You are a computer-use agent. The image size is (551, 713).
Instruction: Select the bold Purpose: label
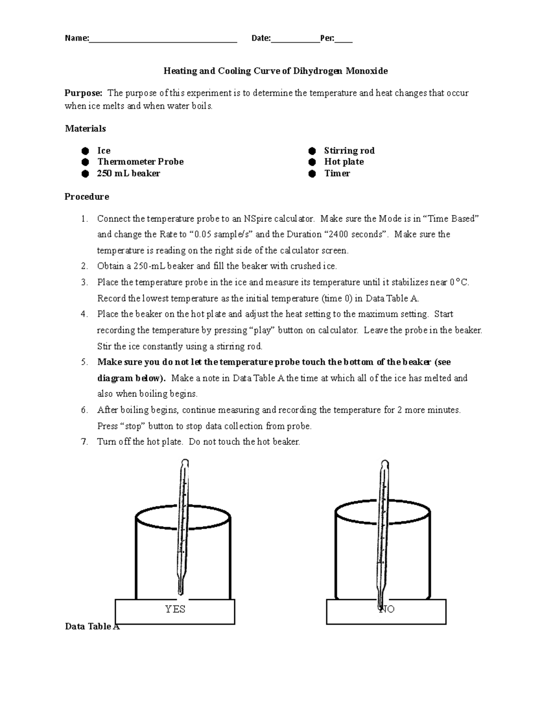84,93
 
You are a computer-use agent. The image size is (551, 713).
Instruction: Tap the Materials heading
85,129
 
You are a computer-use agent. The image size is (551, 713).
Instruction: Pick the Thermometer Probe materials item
140,162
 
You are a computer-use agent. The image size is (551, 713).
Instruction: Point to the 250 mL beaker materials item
129,174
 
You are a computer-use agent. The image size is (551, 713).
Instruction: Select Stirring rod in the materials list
349,151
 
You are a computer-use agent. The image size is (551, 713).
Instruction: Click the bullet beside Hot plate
312,162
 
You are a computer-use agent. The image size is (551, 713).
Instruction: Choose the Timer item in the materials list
337,174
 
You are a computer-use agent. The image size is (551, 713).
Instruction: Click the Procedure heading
87,197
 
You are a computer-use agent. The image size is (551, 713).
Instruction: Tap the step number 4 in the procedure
84,314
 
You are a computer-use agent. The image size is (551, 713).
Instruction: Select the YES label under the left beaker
175,609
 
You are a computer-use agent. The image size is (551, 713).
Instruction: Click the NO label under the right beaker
387,609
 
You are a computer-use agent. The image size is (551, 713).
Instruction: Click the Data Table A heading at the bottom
92,627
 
